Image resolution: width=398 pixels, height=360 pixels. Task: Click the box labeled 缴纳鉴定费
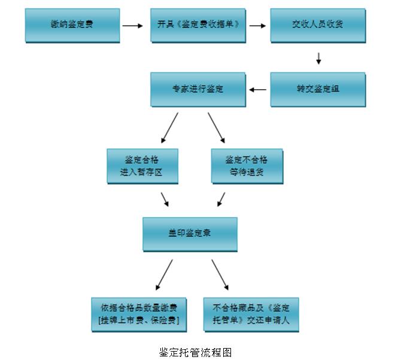tap(72, 25)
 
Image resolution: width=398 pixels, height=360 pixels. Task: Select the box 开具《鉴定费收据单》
tap(198, 25)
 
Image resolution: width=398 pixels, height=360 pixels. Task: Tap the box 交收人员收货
tap(317, 25)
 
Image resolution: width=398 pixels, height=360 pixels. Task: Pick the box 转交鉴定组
tap(317, 90)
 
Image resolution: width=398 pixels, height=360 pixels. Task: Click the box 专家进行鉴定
tap(198, 90)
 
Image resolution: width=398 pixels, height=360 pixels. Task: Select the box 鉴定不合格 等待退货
tap(247, 166)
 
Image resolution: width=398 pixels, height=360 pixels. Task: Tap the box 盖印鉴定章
tap(190, 234)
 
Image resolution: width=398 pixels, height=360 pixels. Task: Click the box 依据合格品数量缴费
tap(139, 315)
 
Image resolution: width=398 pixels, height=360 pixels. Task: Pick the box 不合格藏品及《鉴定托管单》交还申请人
tap(251, 315)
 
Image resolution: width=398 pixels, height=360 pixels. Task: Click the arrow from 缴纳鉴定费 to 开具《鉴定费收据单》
tap(132, 26)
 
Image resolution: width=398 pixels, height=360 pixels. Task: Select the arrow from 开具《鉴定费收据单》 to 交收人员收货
tap(257, 26)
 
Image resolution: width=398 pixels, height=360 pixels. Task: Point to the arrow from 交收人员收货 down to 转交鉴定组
tap(318, 59)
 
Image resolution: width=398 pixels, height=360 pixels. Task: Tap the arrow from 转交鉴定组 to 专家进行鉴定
tap(258, 90)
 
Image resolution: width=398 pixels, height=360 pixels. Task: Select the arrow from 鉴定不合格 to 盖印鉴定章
tap(221, 199)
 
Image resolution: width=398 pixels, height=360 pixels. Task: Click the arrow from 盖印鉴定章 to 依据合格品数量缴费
tap(164, 274)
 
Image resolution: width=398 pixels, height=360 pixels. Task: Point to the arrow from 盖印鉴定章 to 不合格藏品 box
tap(220, 274)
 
